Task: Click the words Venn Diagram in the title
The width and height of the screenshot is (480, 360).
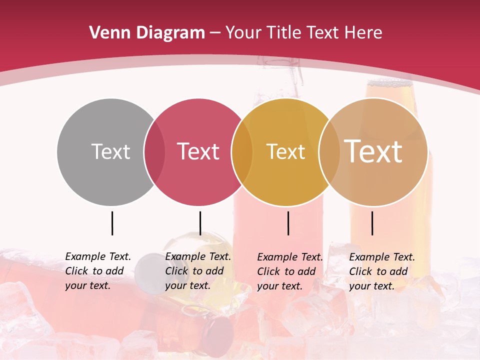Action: pyautogui.click(x=147, y=33)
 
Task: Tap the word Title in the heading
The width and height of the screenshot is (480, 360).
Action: pyautogui.click(x=284, y=33)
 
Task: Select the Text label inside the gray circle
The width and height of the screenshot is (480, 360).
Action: pyautogui.click(x=110, y=151)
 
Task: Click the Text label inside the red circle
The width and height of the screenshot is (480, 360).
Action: pyautogui.click(x=198, y=151)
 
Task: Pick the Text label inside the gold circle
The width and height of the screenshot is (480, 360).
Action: pyautogui.click(x=285, y=151)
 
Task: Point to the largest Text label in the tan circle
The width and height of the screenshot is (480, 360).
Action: pyautogui.click(x=373, y=151)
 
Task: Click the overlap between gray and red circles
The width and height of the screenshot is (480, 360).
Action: pyautogui.click(x=154, y=151)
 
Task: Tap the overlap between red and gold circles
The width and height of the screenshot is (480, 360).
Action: pyautogui.click(x=242, y=151)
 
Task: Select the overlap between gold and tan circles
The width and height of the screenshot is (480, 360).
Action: pyautogui.click(x=329, y=151)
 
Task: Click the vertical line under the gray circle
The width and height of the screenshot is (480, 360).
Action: pyautogui.click(x=112, y=223)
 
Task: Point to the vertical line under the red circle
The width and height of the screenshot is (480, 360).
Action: pyautogui.click(x=200, y=223)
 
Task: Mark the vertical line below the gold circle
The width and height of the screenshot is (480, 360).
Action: pyautogui.click(x=288, y=223)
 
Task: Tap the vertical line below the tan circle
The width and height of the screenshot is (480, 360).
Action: pyautogui.click(x=372, y=223)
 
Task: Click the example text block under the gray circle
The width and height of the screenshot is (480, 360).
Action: pyautogui.click(x=97, y=271)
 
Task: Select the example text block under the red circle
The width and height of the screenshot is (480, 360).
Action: pyautogui.click(x=197, y=271)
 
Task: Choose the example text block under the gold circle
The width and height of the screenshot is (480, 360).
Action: pyautogui.click(x=289, y=271)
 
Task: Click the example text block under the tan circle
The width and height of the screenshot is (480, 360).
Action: pyautogui.click(x=381, y=271)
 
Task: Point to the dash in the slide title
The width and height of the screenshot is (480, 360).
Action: pyautogui.click(x=215, y=33)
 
